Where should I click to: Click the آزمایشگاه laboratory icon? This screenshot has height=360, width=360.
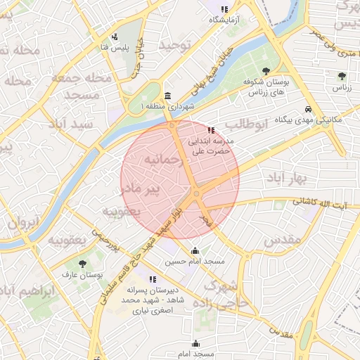pyautogui.click(x=224, y=9)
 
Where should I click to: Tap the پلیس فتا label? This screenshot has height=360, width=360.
pyautogui.click(x=114, y=47)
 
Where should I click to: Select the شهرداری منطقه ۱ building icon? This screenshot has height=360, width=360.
pyautogui.click(x=167, y=96)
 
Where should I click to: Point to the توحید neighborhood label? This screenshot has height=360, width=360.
pyautogui.click(x=175, y=45)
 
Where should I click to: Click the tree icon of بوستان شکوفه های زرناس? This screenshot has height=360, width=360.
pyautogui.click(x=265, y=71)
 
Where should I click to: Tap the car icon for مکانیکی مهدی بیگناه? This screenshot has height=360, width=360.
pyautogui.click(x=309, y=110)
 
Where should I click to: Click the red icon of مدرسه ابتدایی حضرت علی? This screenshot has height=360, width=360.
pyautogui.click(x=212, y=130)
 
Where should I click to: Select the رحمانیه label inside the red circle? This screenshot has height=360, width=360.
pyautogui.click(x=163, y=161)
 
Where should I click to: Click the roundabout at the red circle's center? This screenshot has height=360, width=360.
pyautogui.click(x=197, y=193)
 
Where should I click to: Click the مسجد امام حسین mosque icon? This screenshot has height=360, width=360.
pyautogui.click(x=195, y=251)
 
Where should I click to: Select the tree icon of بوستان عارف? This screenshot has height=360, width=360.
pyautogui.click(x=83, y=264)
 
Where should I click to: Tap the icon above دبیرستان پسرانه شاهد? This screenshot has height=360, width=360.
pyautogui.click(x=153, y=279)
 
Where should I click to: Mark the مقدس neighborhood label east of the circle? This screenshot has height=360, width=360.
pyautogui.click(x=282, y=240)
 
